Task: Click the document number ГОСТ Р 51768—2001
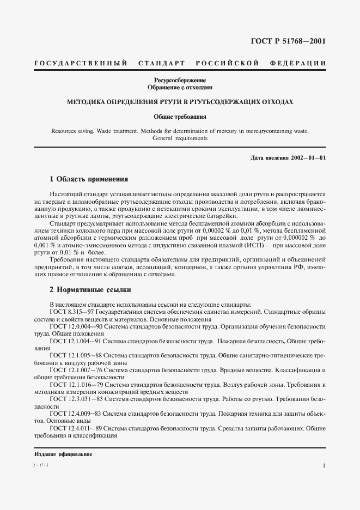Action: pos(288,41)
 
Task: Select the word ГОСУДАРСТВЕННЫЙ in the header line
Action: pos(81,64)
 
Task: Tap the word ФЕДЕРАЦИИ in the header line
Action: pos(298,64)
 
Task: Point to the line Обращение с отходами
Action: pos(180,87)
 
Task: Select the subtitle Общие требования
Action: pos(180,117)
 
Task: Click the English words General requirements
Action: pos(180,138)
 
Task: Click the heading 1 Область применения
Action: pos(89,178)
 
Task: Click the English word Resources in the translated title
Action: pos(66,131)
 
